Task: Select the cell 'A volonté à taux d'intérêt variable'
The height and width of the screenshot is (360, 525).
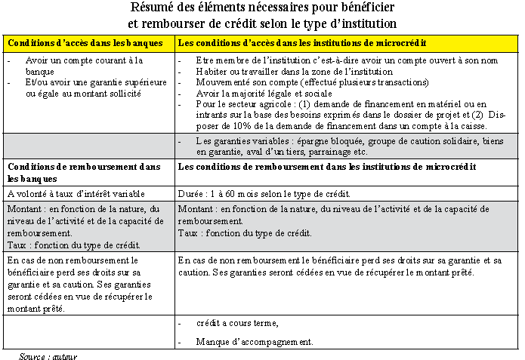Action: [x=73, y=194]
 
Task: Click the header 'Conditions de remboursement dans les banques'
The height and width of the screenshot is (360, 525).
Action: [x=83, y=171]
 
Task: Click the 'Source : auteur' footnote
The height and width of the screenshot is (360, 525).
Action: [x=48, y=355]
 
